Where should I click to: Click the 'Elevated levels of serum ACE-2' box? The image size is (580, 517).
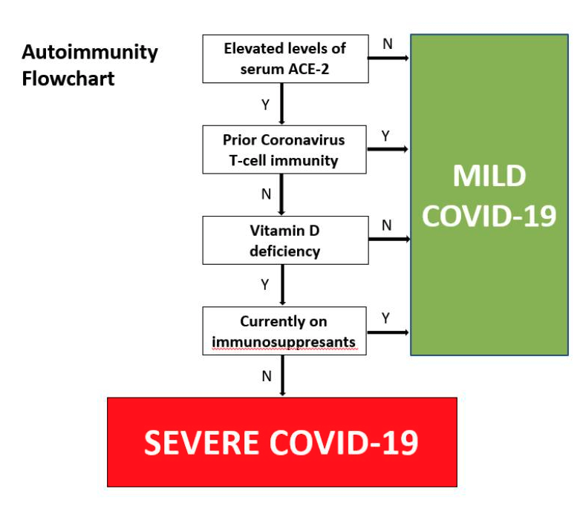coord(286,59)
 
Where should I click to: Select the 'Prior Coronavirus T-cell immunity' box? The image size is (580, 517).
coord(284,150)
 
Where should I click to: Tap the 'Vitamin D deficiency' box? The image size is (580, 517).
coord(286,240)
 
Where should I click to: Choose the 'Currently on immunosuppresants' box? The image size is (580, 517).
coord(284,331)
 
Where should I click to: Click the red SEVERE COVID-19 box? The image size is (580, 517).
coord(282,442)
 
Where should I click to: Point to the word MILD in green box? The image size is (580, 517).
coord(489,176)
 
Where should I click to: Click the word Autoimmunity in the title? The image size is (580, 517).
coord(90,53)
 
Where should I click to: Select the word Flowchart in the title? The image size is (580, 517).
coord(68,79)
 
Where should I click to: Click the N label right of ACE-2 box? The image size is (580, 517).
coord(388,44)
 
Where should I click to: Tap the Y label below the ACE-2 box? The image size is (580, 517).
coord(266,105)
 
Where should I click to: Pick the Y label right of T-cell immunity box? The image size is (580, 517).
coord(385,136)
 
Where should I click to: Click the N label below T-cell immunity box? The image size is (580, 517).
coord(267,194)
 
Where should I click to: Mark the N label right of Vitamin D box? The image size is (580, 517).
coord(387,225)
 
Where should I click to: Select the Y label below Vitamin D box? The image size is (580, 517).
coord(265,285)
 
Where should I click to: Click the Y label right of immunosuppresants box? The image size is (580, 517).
coord(386,317)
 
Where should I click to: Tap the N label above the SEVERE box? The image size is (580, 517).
coord(267,376)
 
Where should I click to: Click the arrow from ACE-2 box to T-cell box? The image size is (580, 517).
coord(282,104)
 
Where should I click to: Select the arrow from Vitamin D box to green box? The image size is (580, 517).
coord(389,239)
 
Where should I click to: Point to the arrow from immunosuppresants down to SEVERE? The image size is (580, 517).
coord(283,376)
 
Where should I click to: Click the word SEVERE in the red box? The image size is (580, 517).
coord(201,442)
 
